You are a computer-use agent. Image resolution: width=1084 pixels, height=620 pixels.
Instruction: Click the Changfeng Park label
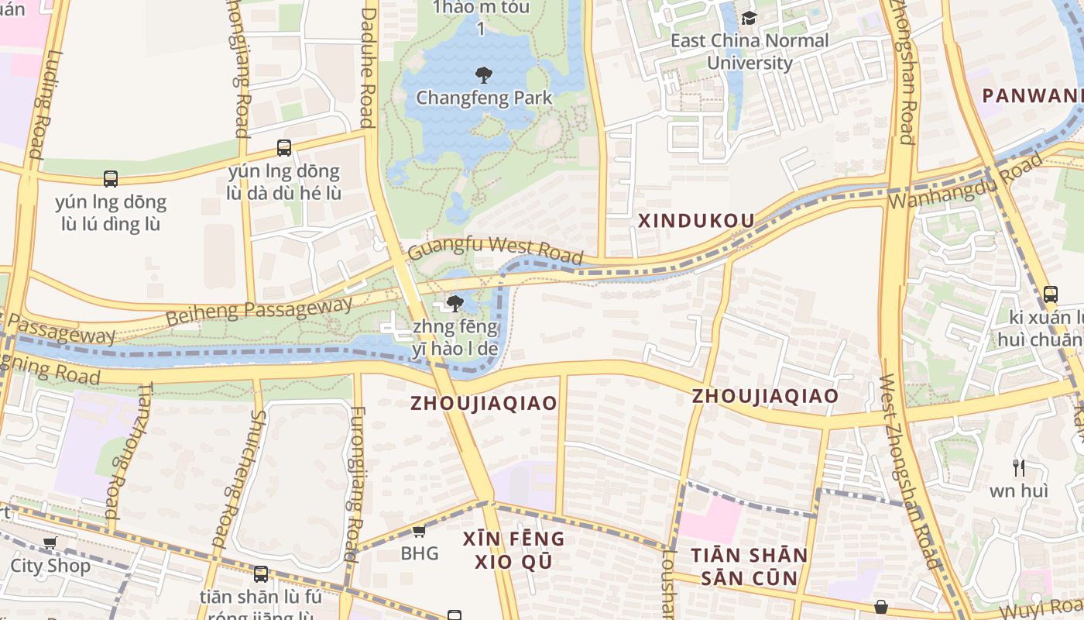pyautogui.click(x=484, y=98)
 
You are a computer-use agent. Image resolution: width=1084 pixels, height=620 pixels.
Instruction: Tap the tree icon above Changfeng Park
pyautogui.click(x=484, y=75)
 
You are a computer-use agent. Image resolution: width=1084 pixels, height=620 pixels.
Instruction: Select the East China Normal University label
pyautogui.click(x=749, y=51)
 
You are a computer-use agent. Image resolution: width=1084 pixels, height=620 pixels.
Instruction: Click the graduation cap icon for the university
pyautogui.click(x=749, y=18)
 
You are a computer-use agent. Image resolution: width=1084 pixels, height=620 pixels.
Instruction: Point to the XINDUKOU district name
pyautogui.click(x=695, y=221)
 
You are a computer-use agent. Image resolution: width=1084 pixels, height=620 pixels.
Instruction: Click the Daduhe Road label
pyautogui.click(x=368, y=66)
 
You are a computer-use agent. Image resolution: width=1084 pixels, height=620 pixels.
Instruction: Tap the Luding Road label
pyautogui.click(x=39, y=105)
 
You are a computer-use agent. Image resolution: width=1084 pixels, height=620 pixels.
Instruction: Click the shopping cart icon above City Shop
pyautogui.click(x=50, y=542)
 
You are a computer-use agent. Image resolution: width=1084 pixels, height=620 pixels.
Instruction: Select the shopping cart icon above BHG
pyautogui.click(x=419, y=531)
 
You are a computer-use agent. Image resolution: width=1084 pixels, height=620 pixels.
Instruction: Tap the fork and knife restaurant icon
pyautogui.click(x=1019, y=467)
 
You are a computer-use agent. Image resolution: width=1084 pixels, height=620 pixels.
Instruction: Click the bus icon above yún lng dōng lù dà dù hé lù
pyautogui.click(x=284, y=147)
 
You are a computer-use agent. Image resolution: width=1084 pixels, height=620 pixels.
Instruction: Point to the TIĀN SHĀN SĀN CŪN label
pyautogui.click(x=749, y=567)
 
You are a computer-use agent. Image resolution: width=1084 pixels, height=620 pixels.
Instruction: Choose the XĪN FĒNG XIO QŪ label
pyautogui.click(x=513, y=549)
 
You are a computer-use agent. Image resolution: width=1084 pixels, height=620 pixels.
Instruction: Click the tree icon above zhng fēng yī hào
pyautogui.click(x=455, y=303)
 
